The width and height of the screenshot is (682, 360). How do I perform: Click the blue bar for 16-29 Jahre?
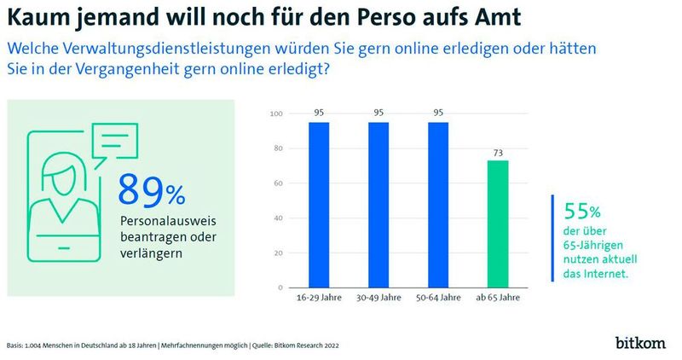(318, 205)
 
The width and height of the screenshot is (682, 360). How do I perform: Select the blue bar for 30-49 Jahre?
(379, 205)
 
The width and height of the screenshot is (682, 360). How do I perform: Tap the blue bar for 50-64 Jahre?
(439, 205)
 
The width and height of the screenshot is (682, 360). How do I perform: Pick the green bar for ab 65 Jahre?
(499, 224)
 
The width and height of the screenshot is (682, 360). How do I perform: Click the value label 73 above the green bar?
(499, 152)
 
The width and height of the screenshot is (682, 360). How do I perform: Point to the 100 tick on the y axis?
(275, 114)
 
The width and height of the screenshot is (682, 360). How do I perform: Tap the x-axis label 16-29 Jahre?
(318, 299)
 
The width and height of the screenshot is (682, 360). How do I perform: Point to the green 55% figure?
(578, 210)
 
